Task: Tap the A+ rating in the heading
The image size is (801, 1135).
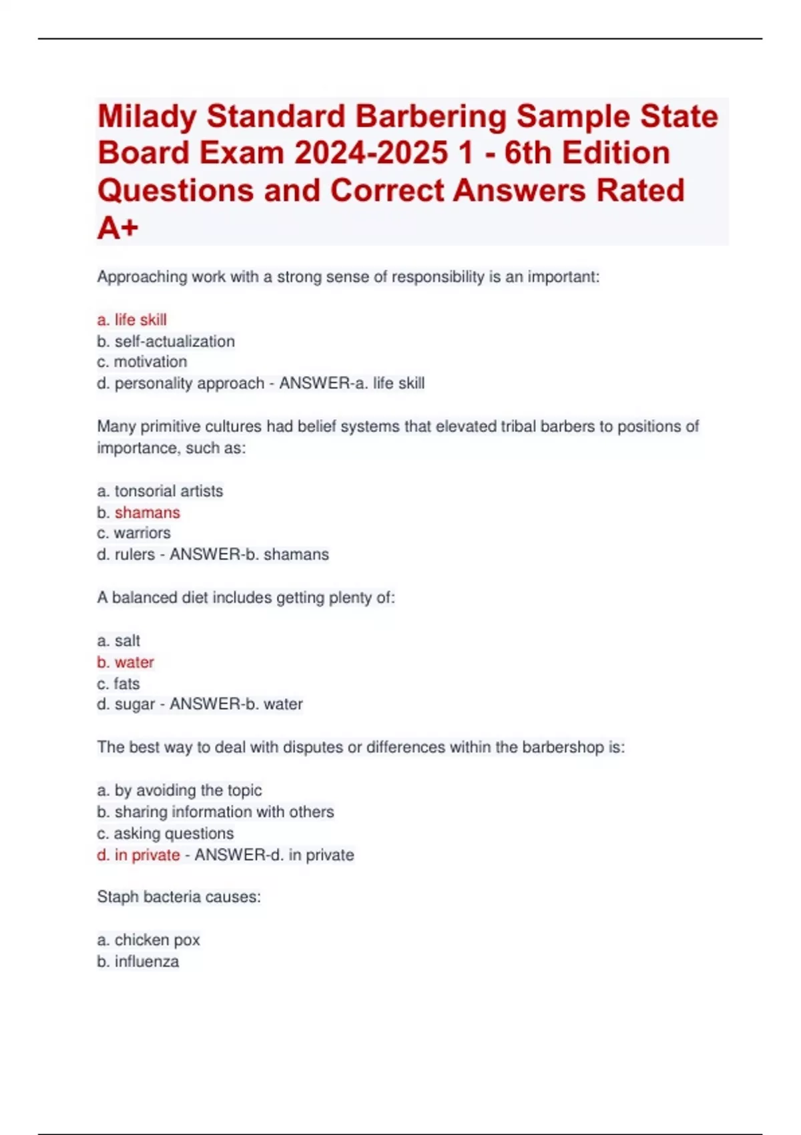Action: tap(117, 228)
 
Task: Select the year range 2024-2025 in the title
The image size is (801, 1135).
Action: tap(370, 154)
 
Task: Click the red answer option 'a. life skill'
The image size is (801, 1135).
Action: tap(131, 320)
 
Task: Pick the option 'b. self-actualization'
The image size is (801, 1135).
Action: tap(166, 341)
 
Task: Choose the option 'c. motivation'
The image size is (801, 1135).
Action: tap(142, 362)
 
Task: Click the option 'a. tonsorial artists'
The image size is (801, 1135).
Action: tap(160, 491)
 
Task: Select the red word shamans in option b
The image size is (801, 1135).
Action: tap(148, 512)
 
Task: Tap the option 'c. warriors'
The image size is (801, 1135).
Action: tap(133, 533)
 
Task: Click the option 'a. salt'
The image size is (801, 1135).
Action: tap(118, 640)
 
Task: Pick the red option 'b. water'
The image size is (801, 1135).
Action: tap(125, 662)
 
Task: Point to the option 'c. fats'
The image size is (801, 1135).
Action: tap(118, 683)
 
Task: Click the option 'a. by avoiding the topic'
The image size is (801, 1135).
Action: tap(179, 790)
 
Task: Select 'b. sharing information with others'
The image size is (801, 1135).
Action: tap(215, 811)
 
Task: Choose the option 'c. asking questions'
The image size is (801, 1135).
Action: tap(165, 833)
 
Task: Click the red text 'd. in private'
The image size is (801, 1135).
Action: tap(138, 855)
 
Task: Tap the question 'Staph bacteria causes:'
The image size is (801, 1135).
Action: tap(179, 897)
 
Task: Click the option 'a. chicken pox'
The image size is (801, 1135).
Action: tap(148, 939)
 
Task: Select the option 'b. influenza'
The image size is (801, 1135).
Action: tap(138, 961)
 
